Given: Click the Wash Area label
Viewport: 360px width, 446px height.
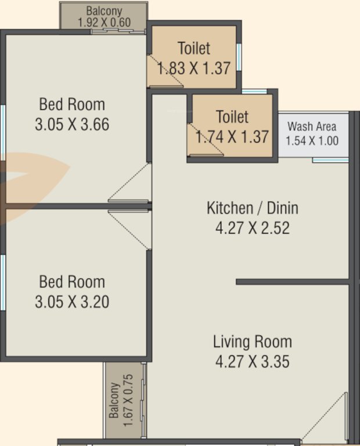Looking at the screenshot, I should coord(312,126).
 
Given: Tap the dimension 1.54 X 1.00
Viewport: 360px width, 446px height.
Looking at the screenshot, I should coord(312,140).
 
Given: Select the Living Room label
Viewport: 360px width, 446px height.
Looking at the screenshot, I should coord(252,341).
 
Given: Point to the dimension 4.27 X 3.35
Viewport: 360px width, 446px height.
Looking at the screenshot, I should coord(252,362).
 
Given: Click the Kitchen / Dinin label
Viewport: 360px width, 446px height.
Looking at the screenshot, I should coord(252,208).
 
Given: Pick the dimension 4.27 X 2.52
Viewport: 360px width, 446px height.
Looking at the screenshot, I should coord(252,227).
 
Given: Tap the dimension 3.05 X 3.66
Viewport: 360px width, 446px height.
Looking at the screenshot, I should coord(72,124).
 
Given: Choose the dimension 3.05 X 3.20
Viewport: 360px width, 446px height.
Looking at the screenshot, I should coord(72,302).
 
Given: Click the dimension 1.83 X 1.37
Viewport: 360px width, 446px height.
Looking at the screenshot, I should coord(194,67).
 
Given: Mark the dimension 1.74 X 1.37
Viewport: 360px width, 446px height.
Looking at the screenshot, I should coord(232,137).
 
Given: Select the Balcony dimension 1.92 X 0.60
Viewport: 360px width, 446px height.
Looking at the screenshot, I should coord(104,23).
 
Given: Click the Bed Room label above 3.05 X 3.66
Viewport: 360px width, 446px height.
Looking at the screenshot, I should coord(72,105).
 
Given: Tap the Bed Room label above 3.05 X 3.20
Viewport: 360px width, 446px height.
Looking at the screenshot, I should coord(72,282).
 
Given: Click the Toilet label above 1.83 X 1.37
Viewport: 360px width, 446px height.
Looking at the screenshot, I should coord(194,48).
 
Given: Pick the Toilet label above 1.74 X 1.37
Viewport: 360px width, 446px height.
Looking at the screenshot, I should coord(232,117).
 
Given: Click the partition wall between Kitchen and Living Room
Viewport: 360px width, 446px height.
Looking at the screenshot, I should coord(293,282).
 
